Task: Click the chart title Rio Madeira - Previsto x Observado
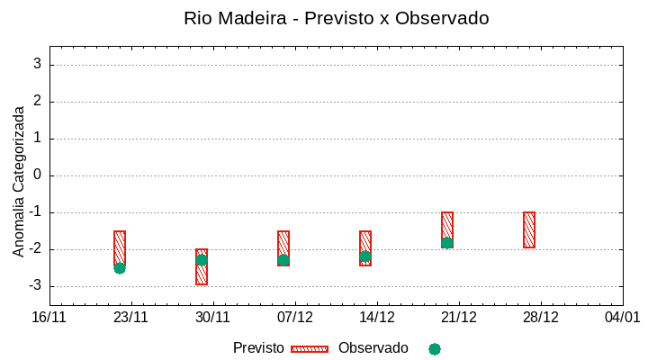tap(336, 18)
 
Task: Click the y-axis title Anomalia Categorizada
tap(19, 182)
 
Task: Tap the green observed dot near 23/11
tap(120, 268)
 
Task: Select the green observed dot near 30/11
tap(202, 259)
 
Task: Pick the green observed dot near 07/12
tap(283, 260)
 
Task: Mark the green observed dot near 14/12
tap(365, 256)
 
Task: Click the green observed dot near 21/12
tap(447, 243)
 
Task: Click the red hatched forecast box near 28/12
tap(529, 229)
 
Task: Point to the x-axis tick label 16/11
tap(49, 318)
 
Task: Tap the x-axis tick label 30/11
tap(213, 318)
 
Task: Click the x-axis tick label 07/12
tap(295, 318)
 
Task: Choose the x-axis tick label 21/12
tap(459, 318)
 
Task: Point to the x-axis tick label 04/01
tap(622, 318)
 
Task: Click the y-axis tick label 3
tap(38, 65)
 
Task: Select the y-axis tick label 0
tap(38, 175)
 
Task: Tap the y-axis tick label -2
tap(35, 249)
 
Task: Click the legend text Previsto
tap(258, 348)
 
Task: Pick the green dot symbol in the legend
tap(435, 349)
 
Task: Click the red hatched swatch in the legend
tap(310, 349)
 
